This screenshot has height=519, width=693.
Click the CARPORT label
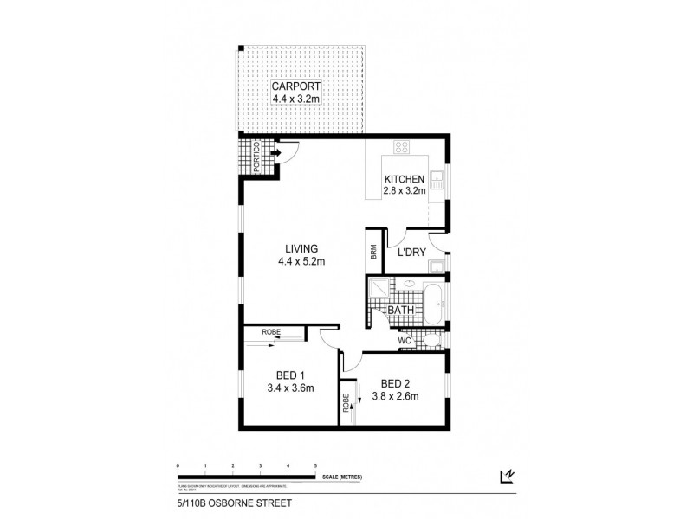pyautogui.click(x=296, y=86)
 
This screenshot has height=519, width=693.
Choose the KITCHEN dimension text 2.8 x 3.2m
pyautogui.click(x=405, y=191)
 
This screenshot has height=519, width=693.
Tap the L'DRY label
pyautogui.click(x=411, y=253)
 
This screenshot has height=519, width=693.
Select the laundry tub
pyautogui.click(x=437, y=265)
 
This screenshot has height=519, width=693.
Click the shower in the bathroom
pyautogui.click(x=379, y=288)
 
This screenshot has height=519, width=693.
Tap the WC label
pyautogui.click(x=404, y=342)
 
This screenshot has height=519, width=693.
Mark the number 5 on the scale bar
pyautogui.click(x=316, y=465)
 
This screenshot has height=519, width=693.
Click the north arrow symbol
pyautogui.click(x=507, y=475)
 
